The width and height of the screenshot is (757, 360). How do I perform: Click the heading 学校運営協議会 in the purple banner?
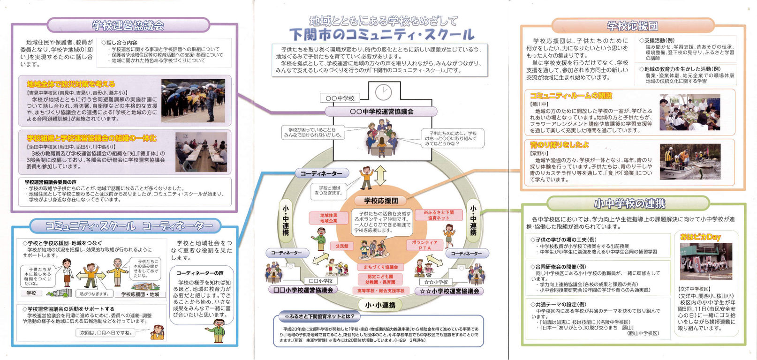tap(128, 25)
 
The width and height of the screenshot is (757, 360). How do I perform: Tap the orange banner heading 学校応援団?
tap(632, 26)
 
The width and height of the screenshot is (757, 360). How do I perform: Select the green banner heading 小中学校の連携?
tap(629, 203)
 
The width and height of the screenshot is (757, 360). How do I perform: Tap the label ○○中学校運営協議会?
tap(381, 112)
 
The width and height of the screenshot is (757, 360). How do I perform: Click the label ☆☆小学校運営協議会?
tap(449, 291)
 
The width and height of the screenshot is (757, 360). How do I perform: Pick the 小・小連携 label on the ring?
tap(380, 305)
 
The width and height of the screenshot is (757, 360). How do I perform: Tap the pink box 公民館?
tap(341, 246)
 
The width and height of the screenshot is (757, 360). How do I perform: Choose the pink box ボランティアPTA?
tap(424, 245)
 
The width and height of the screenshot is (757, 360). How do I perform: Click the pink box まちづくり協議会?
tap(380, 267)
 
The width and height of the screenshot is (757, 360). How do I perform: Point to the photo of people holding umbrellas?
tap(193, 100)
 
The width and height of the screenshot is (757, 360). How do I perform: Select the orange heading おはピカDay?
tap(700, 237)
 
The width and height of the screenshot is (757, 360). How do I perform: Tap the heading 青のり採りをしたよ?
tap(559, 145)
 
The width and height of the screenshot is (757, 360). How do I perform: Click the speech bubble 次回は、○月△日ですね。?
tap(106, 333)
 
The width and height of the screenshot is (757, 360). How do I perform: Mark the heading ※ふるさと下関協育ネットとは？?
tap(323, 316)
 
